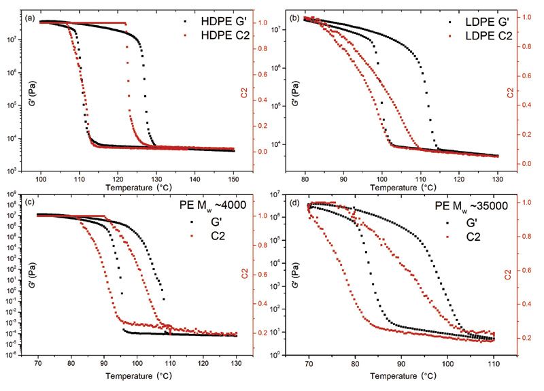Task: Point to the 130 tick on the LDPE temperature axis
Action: click(496, 178)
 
